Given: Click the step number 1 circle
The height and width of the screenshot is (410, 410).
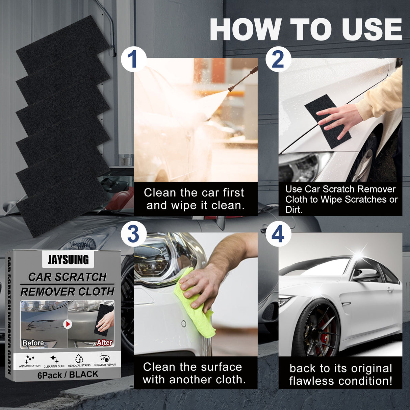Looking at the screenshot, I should coord(133,59).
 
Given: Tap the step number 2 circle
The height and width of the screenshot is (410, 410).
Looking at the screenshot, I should coord(278,59).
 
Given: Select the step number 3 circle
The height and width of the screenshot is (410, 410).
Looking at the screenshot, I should coord(133,234).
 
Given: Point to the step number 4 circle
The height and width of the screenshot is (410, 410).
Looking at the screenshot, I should coord(278,234).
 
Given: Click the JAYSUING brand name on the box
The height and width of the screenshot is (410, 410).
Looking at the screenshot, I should coord(68,260).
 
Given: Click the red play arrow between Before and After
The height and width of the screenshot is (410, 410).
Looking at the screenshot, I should coord(68,324).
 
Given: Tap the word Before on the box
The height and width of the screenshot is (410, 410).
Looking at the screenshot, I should coord(33,343).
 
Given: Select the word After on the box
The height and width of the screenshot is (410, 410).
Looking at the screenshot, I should coord(104,342).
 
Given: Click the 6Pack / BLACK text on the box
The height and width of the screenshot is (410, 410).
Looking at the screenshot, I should coord(68,375).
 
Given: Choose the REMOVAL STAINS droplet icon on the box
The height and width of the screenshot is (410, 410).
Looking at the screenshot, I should coord(79,359).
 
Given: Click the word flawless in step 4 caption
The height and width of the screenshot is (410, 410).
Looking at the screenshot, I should coord(312,381).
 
